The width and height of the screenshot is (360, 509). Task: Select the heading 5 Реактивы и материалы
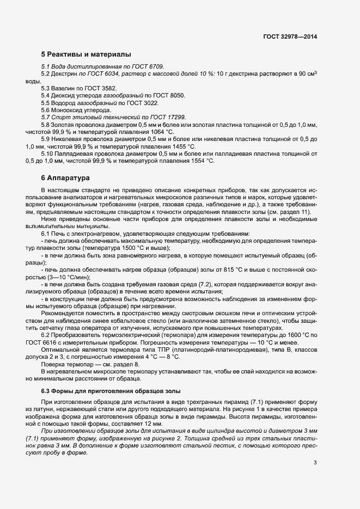coord(86,54)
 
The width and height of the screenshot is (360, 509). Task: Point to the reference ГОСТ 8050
coord(170,95)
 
